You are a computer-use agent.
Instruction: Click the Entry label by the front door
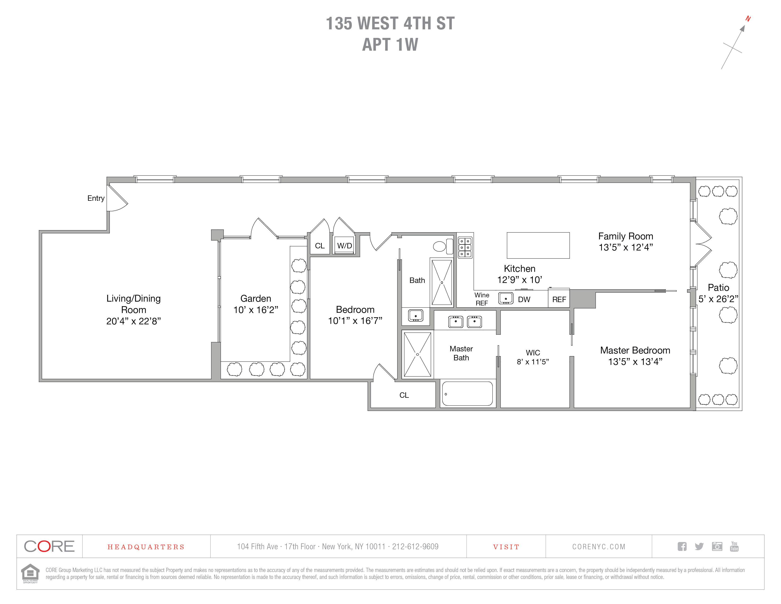(96, 198)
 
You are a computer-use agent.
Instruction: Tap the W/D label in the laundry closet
(344, 246)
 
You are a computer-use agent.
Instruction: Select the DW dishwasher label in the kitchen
(524, 300)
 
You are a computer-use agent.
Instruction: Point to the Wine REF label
(482, 299)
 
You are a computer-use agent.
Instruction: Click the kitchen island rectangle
(538, 246)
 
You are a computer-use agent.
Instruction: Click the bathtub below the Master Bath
(467, 394)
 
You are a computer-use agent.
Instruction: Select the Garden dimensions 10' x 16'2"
(256, 310)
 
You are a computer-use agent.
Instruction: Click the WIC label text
(533, 353)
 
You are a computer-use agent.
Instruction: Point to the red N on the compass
(748, 19)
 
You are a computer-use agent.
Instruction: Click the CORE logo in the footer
(49, 546)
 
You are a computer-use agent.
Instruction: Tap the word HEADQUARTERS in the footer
(146, 547)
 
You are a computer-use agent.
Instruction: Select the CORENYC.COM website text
(599, 547)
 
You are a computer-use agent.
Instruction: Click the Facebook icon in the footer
(682, 546)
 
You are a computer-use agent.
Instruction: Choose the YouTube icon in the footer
(734, 546)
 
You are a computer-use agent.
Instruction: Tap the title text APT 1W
(390, 45)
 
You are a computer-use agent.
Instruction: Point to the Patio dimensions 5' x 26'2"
(718, 299)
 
